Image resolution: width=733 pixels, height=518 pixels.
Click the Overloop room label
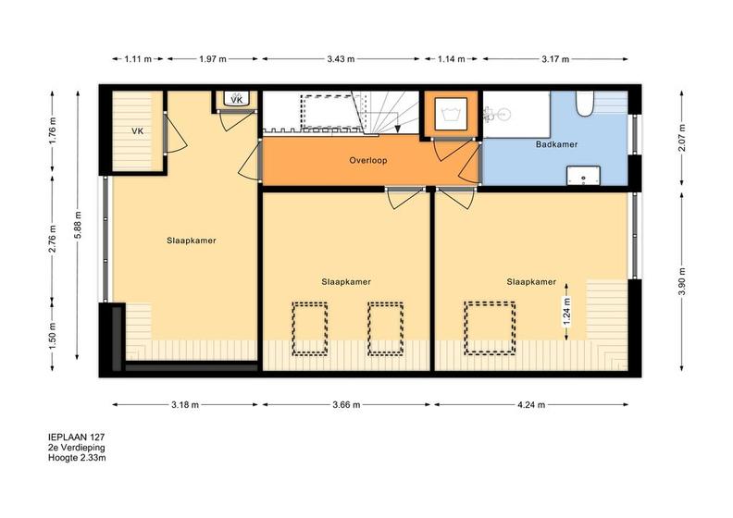point(368,160)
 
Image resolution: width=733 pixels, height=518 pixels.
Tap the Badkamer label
point(556,144)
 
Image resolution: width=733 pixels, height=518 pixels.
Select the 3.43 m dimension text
point(341,59)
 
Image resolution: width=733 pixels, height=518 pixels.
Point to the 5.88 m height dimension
point(78,225)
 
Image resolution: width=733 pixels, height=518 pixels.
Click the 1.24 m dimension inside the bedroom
point(566,312)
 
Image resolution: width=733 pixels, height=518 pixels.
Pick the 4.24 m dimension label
point(531,404)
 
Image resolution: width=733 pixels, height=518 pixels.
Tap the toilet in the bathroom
point(584,104)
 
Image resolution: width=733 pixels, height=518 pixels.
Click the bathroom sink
point(583,176)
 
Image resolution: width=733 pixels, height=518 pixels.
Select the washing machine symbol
point(451,114)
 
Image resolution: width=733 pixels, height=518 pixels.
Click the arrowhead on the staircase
point(397,129)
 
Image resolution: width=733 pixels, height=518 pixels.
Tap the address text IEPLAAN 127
point(76,438)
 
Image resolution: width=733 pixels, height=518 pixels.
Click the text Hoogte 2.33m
point(77,458)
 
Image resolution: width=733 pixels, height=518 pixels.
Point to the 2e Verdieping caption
point(77,448)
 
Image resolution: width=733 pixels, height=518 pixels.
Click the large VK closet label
point(137,131)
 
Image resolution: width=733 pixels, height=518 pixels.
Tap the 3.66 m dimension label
point(346,404)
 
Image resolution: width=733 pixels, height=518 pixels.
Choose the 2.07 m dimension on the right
point(682,138)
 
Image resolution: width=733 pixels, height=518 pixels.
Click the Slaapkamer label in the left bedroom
point(192,240)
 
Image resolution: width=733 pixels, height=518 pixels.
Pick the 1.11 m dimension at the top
point(138,59)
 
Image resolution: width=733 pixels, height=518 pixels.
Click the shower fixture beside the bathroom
point(496,113)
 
